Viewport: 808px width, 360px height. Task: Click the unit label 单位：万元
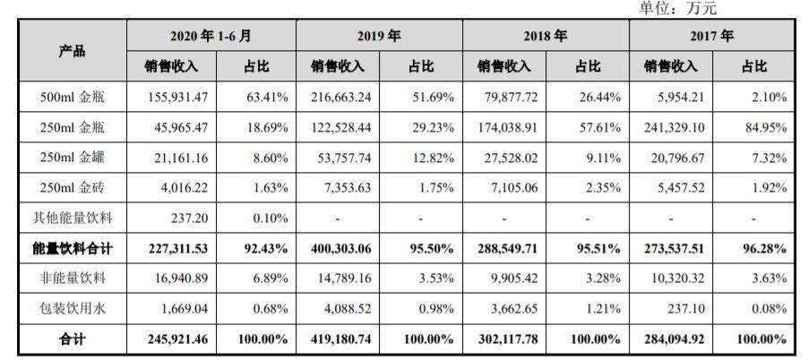[678, 8]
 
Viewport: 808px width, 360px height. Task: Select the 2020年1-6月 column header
[211, 37]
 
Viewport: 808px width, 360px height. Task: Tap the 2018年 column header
[546, 37]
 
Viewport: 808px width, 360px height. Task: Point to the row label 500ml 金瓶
[73, 97]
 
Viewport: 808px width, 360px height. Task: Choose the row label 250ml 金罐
[73, 159]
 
